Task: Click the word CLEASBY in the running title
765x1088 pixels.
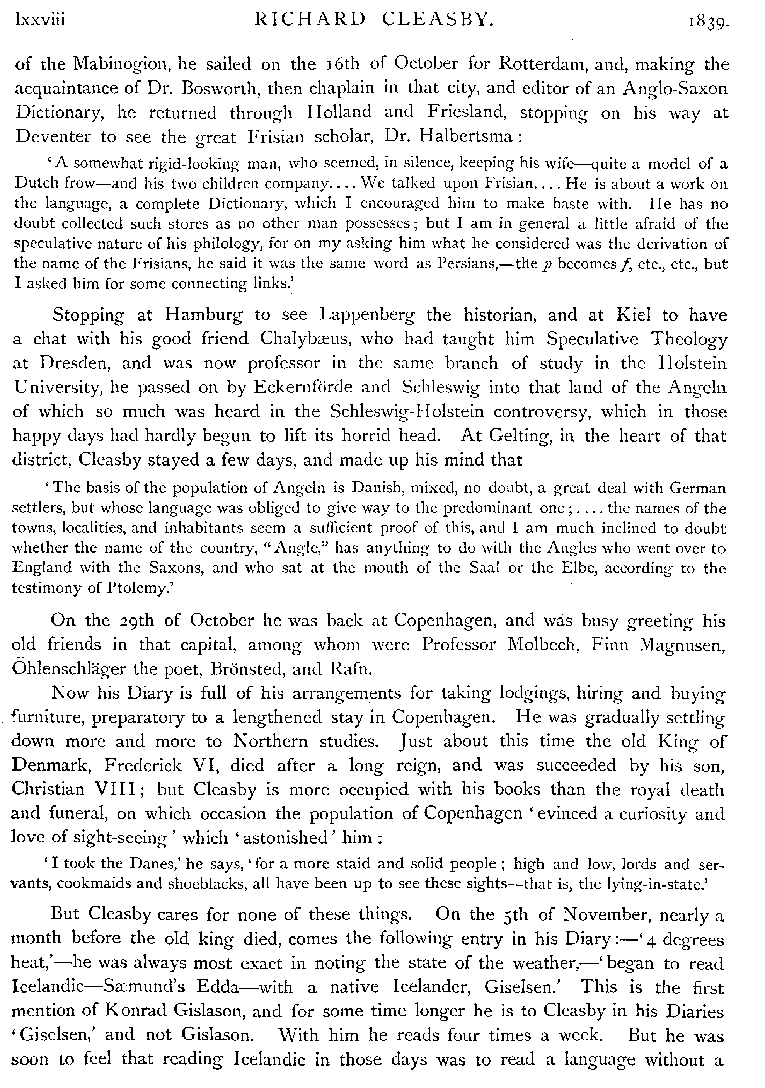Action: pyautogui.click(x=438, y=20)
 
